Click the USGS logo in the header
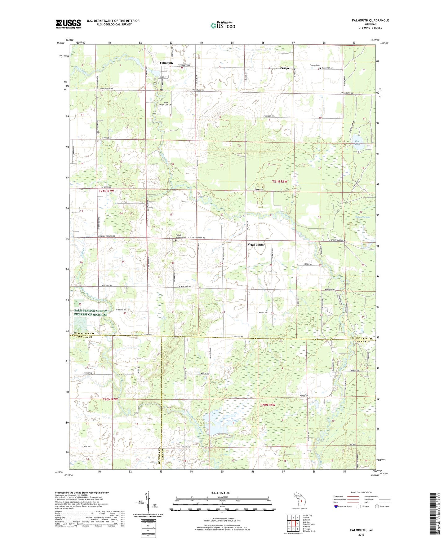pyautogui.click(x=68, y=24)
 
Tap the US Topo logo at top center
pyautogui.click(x=223, y=25)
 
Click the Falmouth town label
pyautogui.click(x=166, y=63)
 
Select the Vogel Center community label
pyautogui.click(x=256, y=244)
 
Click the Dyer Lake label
pyautogui.click(x=358, y=143)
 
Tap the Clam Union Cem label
pyautogui.click(x=164, y=104)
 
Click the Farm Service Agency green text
pyautogui.click(x=90, y=313)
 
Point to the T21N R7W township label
pyautogui.click(x=106, y=191)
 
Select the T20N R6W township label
pyautogui.click(x=268, y=405)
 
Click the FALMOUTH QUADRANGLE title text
pyautogui.click(x=370, y=20)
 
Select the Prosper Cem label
pyautogui.click(x=314, y=65)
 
